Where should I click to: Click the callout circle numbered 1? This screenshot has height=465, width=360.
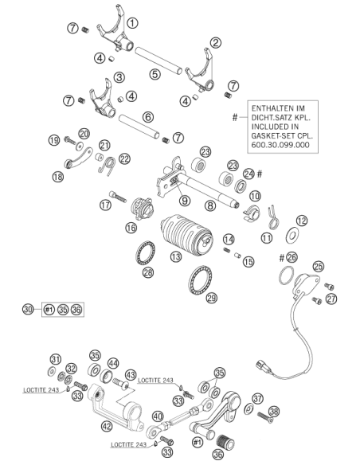tap(132, 23)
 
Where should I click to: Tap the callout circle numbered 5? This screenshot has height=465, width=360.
tap(155, 74)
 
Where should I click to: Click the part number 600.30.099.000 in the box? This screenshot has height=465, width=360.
tap(280, 145)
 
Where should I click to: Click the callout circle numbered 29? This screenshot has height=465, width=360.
tap(211, 298)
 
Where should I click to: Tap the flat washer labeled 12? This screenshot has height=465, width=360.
tap(292, 236)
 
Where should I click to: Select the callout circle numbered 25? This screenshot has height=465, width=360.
tap(319, 266)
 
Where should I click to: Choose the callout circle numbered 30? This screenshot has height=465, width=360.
tap(28, 309)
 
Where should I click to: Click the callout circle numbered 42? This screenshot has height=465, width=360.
tap(107, 427)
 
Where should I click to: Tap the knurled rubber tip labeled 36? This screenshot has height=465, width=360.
tap(225, 442)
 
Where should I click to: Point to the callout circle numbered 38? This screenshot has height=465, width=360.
tap(274, 411)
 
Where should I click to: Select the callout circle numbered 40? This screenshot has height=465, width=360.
tap(158, 416)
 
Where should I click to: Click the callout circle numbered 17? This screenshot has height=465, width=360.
tap(105, 205)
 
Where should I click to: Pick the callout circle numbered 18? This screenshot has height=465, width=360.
tap(58, 177)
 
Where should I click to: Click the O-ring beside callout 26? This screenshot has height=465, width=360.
tap(286, 275)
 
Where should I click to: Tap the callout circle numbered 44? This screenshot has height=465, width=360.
tap(113, 363)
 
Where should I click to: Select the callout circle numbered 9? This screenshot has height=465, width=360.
tap(185, 201)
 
